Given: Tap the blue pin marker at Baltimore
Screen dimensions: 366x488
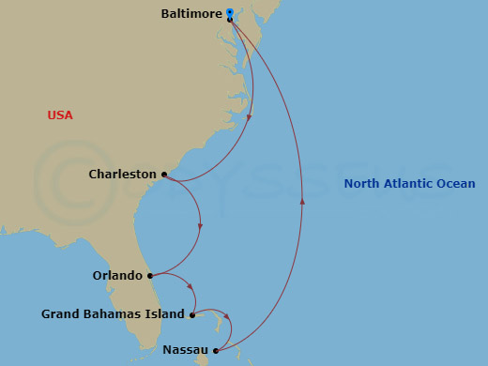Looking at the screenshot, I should (x=230, y=13).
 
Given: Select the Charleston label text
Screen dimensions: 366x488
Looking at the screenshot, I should (x=122, y=175).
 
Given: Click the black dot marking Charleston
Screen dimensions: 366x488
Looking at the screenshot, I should (x=164, y=175).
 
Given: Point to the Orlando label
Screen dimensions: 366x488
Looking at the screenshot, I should (x=117, y=276).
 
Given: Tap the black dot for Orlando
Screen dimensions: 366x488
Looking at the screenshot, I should (x=150, y=276).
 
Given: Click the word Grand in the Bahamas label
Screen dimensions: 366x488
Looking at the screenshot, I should (x=61, y=314).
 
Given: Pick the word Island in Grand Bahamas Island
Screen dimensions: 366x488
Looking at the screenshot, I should (x=164, y=314).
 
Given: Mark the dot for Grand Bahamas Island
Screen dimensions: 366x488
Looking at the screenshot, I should (x=191, y=314).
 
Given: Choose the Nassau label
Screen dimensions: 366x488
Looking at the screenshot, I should (x=184, y=350).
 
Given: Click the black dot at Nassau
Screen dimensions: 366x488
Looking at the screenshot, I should (x=216, y=350).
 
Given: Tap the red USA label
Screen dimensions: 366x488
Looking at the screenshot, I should (x=60, y=115).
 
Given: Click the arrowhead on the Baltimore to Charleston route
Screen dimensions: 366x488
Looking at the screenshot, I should (x=250, y=117).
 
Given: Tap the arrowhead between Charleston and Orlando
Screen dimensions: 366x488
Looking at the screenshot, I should (x=200, y=225).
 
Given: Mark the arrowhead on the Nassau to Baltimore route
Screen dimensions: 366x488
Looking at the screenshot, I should (x=302, y=200).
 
